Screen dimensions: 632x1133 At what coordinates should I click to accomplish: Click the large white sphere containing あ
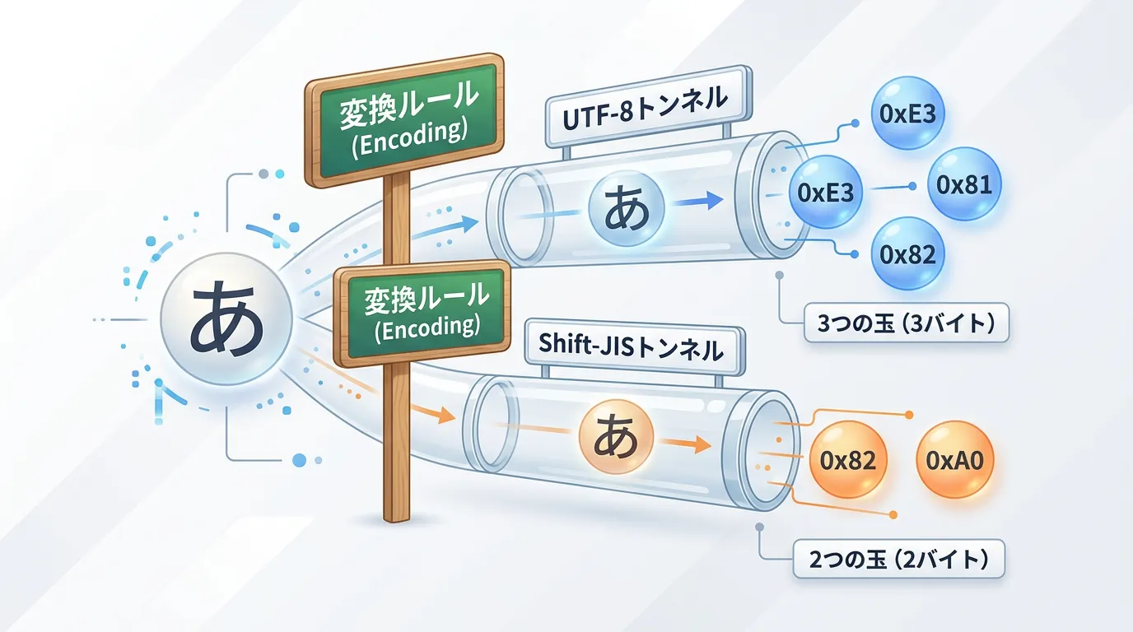(x=226, y=318)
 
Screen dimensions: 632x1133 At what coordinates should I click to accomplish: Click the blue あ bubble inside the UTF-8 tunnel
(x=627, y=208)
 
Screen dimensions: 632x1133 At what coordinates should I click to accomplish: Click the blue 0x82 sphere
(x=907, y=254)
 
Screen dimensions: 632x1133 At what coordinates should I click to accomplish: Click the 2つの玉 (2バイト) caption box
(x=899, y=561)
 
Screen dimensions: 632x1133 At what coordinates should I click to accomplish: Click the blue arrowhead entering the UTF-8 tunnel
(x=469, y=222)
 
